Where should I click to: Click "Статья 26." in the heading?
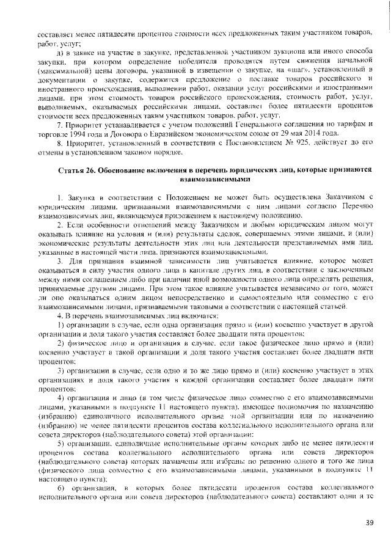pyautogui.click(x=76, y=169)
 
